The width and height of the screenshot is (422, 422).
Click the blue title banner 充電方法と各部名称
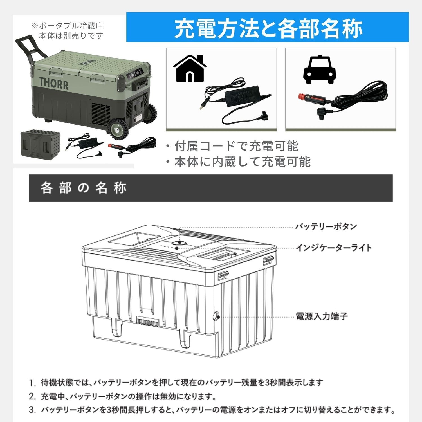point(267,27)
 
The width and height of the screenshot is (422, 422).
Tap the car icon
point(319,69)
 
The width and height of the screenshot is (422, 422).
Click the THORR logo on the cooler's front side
point(54,83)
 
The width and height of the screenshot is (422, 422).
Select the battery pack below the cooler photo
point(41,143)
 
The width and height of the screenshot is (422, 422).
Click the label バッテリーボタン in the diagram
point(326,226)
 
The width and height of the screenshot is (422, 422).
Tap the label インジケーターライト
point(334,248)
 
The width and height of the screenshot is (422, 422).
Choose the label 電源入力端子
point(322,316)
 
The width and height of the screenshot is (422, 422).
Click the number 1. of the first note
point(33,383)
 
